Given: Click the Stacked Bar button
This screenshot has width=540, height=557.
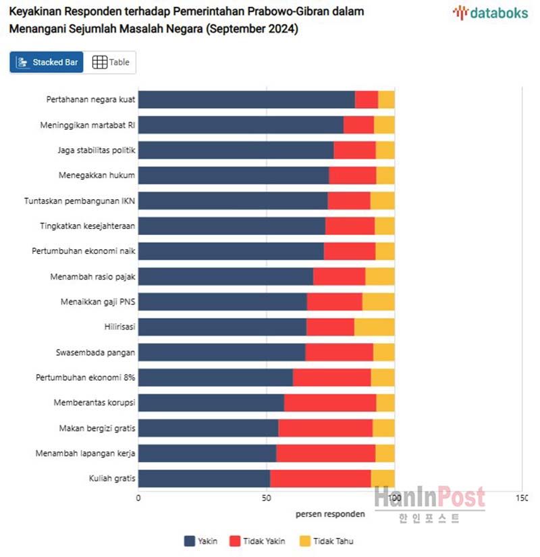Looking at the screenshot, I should pyautogui.click(x=47, y=62).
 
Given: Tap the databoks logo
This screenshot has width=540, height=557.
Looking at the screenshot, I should pyautogui.click(x=492, y=12).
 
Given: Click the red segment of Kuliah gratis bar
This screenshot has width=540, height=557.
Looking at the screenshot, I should pyautogui.click(x=320, y=478).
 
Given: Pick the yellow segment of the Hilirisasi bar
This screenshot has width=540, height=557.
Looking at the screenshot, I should pyautogui.click(x=374, y=327).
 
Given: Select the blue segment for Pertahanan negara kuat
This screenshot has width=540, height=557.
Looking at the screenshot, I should pyautogui.click(x=246, y=99).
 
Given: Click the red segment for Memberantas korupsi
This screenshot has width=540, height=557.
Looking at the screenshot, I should pyautogui.click(x=329, y=402).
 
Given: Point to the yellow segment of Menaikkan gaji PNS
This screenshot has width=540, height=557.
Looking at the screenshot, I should pyautogui.click(x=378, y=301).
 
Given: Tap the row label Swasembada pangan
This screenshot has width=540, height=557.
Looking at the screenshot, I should pyautogui.click(x=96, y=352).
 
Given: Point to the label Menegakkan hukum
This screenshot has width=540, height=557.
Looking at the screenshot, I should pyautogui.click(x=97, y=176).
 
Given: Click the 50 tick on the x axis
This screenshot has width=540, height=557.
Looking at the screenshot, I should pyautogui.click(x=267, y=498).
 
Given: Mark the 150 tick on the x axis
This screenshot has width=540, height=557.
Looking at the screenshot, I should pyautogui.click(x=521, y=498).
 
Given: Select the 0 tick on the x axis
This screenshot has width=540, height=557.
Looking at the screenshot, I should pyautogui.click(x=138, y=498).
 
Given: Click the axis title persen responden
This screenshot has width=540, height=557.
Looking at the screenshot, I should pyautogui.click(x=330, y=514).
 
